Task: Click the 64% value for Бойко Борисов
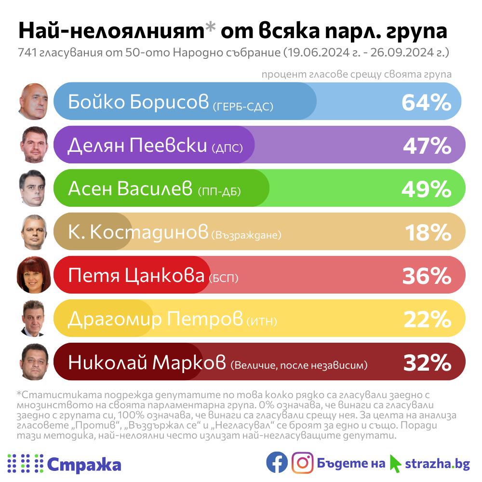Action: tap(426, 102)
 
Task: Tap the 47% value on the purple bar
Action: tap(427, 146)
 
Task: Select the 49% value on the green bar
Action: tap(426, 189)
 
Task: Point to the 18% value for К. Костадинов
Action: tap(428, 232)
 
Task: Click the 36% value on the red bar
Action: tap(427, 276)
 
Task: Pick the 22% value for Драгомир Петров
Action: tap(427, 319)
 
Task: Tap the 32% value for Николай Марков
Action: tap(427, 362)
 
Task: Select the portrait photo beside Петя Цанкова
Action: tap(34, 275)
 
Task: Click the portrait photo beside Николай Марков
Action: tap(34, 362)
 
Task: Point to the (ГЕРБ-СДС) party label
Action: tap(242, 106)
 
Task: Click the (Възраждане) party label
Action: tap(246, 236)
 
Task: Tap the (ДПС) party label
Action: tap(227, 149)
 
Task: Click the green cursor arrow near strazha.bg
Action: tap(395, 464)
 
